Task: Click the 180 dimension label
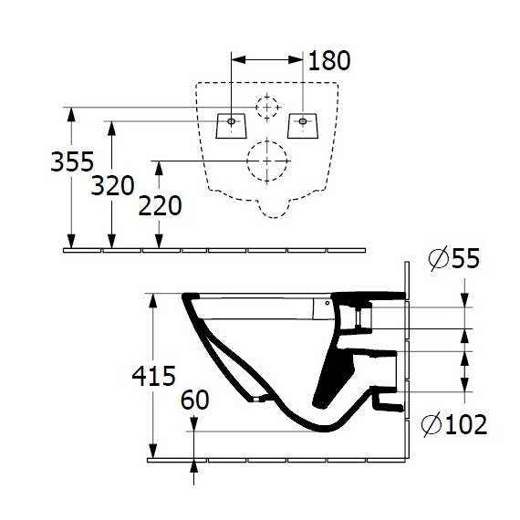click(x=329, y=61)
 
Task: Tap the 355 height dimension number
click(x=72, y=161)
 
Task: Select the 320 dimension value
click(x=113, y=186)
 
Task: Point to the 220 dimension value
click(x=160, y=206)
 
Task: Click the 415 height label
click(x=153, y=376)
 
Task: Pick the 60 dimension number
click(x=194, y=400)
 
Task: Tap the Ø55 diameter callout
click(x=454, y=258)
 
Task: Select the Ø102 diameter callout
click(x=454, y=424)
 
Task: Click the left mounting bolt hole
click(x=231, y=121)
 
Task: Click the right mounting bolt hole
click(x=303, y=121)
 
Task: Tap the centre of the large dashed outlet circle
click(x=267, y=161)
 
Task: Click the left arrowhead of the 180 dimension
click(x=238, y=60)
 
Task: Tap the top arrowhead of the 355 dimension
click(x=71, y=114)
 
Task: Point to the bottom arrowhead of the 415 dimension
click(x=152, y=452)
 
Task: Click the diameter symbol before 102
click(x=432, y=424)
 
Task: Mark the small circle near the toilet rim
click(x=328, y=303)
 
